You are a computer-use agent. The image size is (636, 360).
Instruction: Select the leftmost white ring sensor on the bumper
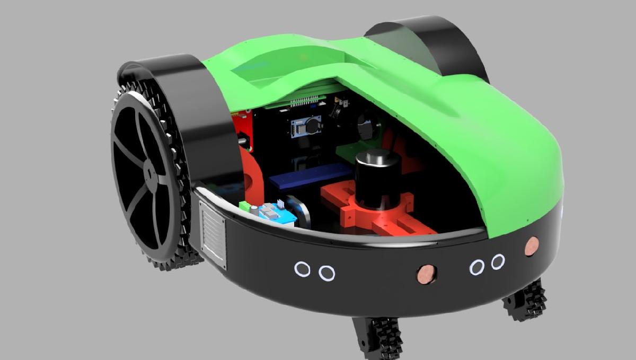click(x=302, y=269)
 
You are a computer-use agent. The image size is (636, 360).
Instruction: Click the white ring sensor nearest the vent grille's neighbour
click(x=326, y=273)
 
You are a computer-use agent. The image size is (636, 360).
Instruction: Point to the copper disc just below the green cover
click(x=531, y=246)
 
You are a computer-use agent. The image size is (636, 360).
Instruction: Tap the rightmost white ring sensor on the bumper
click(x=498, y=261)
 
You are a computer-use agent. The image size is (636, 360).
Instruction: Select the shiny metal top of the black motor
click(x=377, y=157)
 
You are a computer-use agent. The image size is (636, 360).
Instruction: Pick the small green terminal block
click(x=244, y=206)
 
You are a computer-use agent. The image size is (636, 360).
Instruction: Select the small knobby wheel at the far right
click(x=525, y=300)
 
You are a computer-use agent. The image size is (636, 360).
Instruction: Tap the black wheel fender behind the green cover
click(x=424, y=37)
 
